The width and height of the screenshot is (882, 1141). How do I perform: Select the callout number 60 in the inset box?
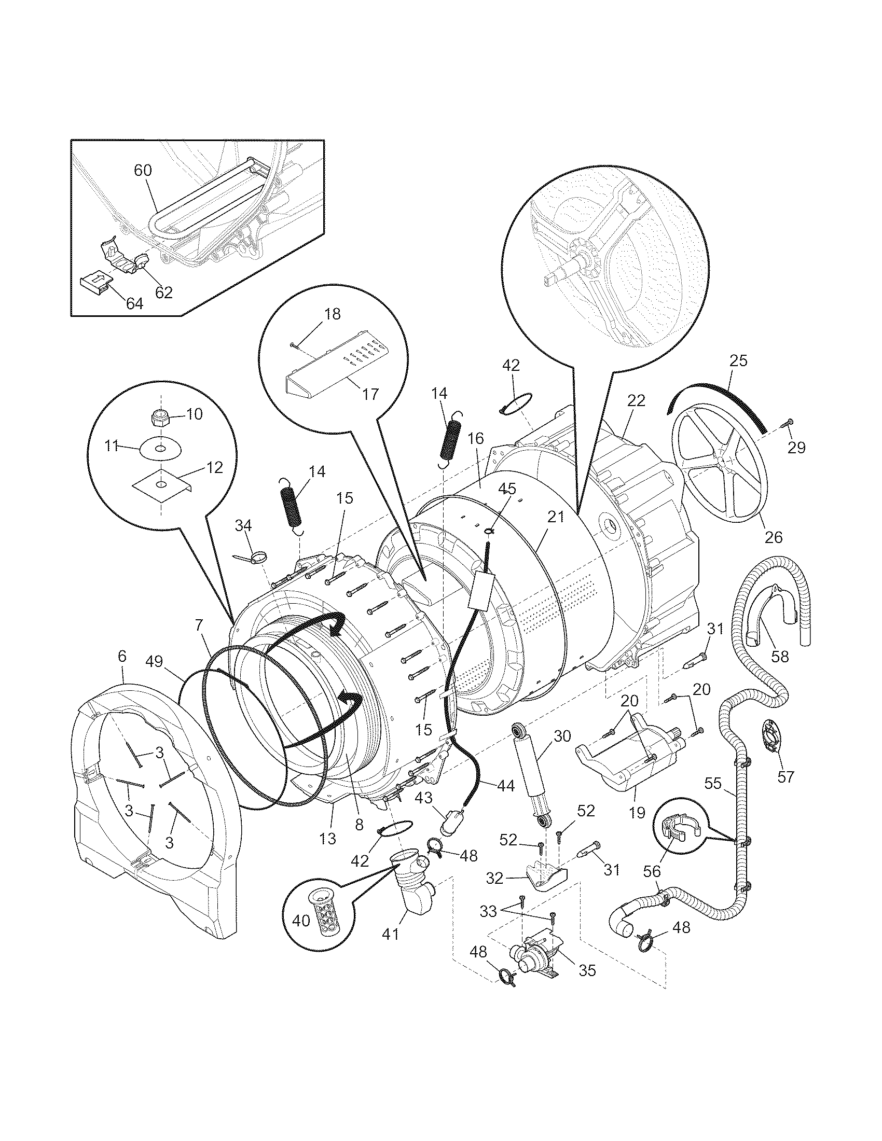tap(142, 171)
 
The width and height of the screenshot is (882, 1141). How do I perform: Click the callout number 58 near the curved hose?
tap(780, 656)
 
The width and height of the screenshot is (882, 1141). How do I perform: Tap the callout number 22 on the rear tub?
tap(636, 401)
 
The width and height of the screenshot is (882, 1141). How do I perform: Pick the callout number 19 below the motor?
tap(637, 812)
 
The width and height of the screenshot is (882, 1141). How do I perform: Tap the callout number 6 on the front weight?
tap(122, 657)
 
